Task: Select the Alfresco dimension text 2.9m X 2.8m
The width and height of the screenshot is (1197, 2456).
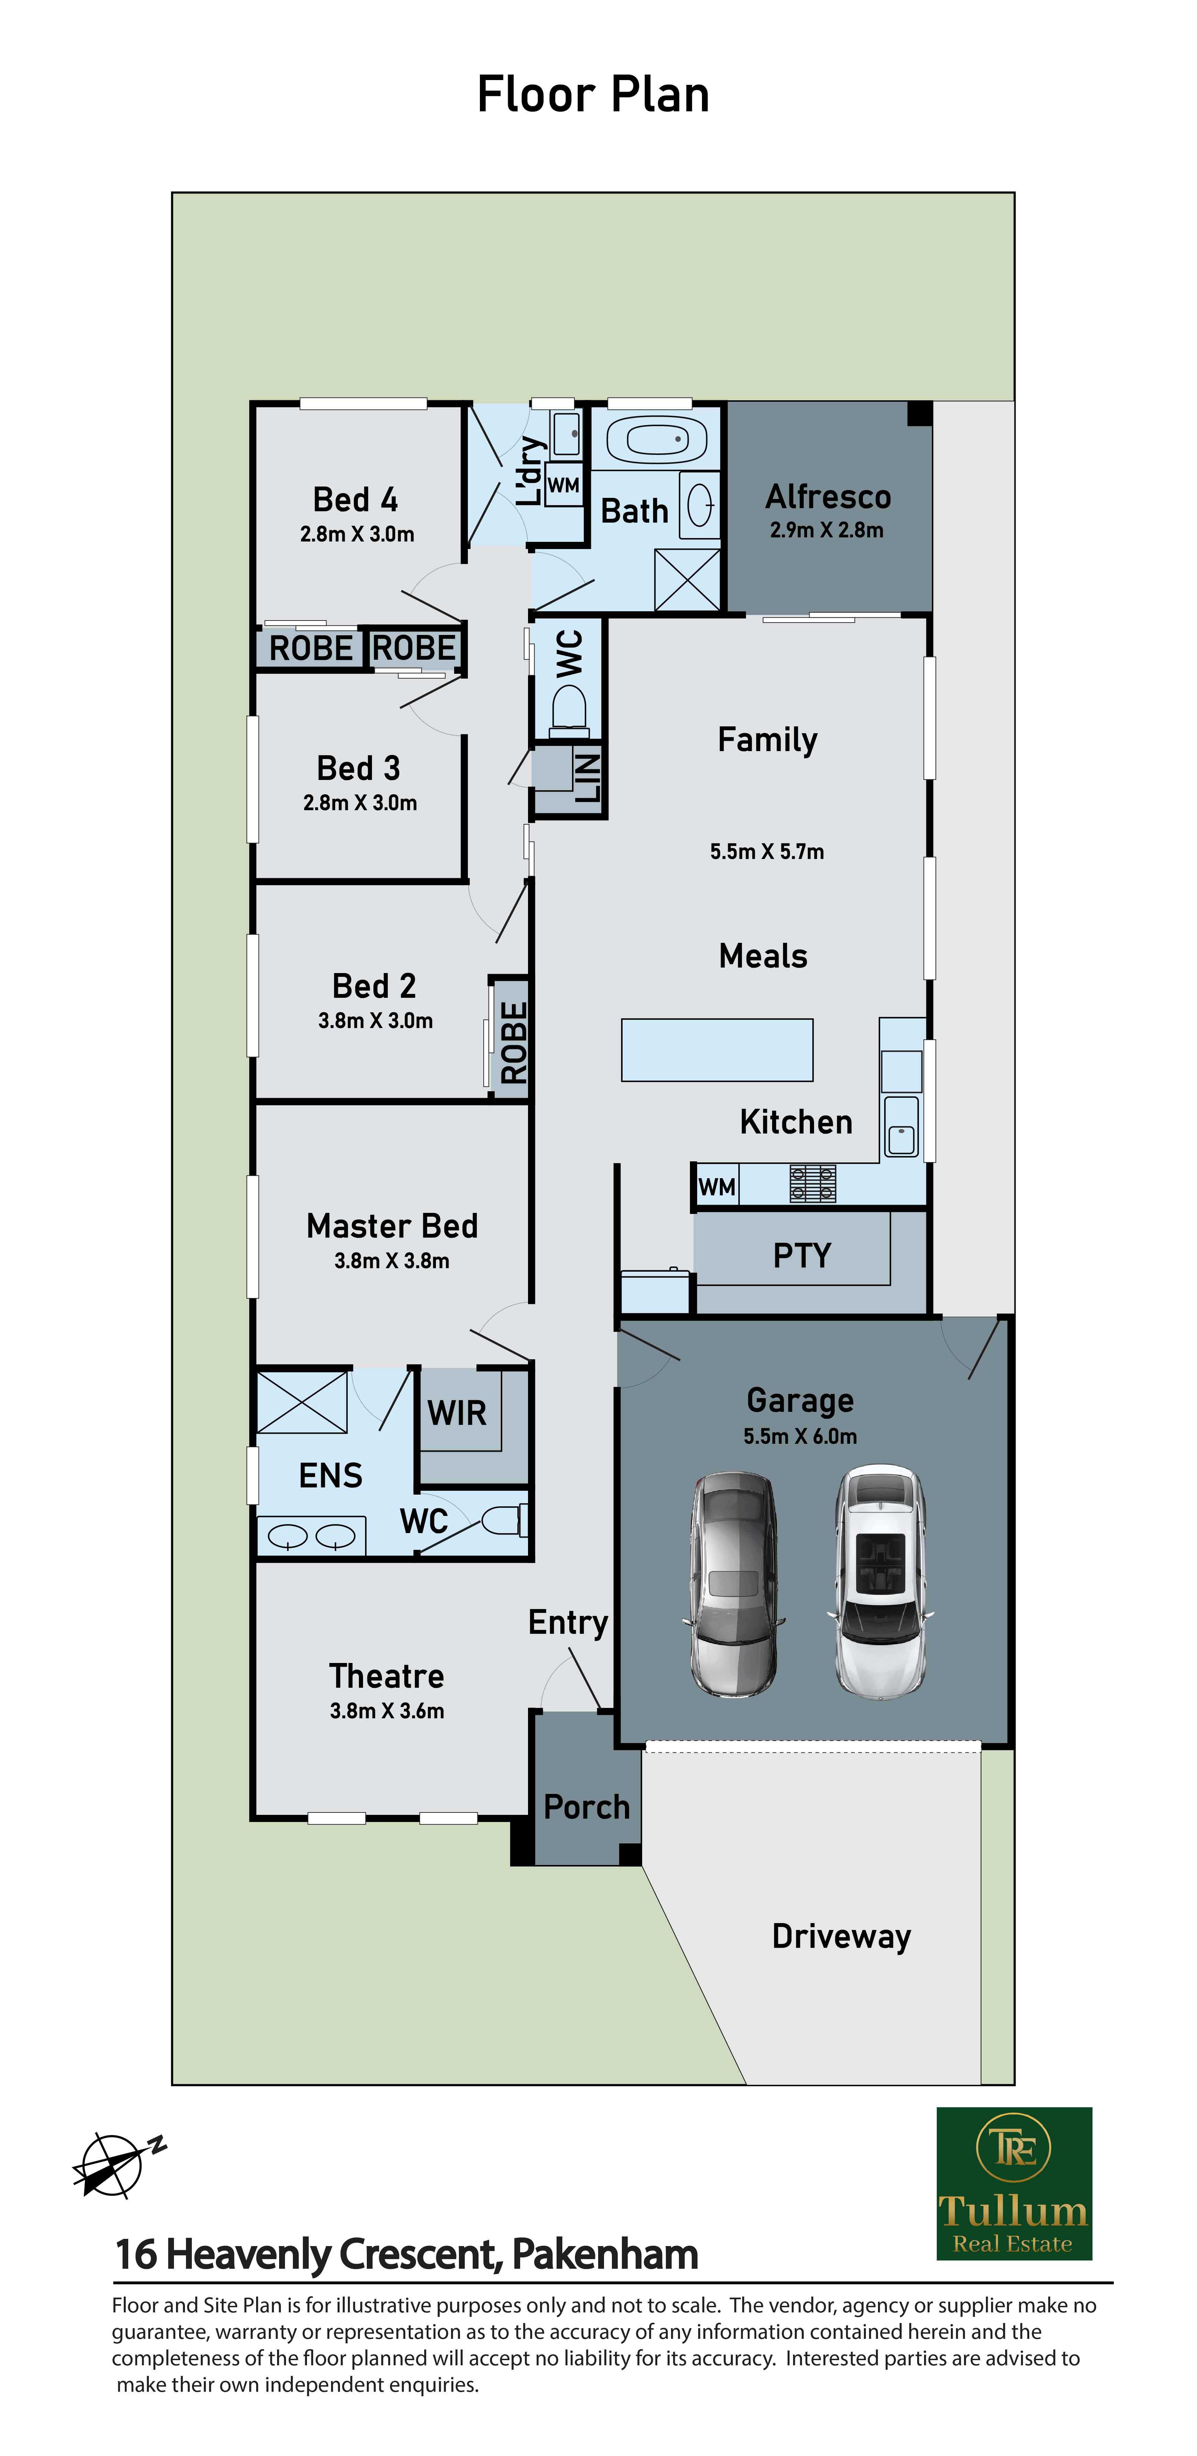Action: point(827,530)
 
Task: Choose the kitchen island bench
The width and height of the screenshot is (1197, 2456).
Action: point(717,1050)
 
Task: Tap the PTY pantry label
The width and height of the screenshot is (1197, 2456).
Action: point(802,1255)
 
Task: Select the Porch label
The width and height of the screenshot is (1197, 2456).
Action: point(586,1807)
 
